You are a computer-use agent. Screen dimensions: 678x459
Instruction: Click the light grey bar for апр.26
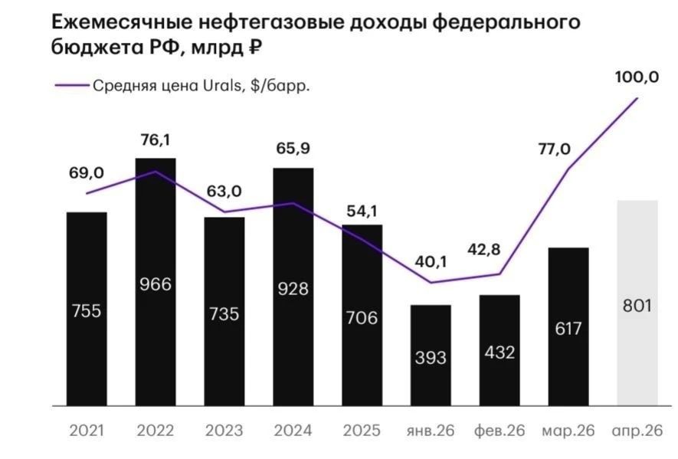point(637,303)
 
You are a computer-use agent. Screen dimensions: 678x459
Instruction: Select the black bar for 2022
point(156,282)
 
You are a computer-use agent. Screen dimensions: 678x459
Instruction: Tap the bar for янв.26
point(431,356)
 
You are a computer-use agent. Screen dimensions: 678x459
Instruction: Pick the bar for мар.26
point(568,326)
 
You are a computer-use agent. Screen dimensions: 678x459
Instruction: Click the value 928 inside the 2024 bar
point(293,289)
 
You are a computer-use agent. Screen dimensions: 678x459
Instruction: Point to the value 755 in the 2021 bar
point(87,311)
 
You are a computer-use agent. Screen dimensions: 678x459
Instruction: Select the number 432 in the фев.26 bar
point(499,352)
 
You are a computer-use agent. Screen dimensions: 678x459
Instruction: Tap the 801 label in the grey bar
point(637,306)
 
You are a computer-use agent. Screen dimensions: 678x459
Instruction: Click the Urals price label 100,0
point(637,77)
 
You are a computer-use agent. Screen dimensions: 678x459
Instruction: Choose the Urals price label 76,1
point(156,140)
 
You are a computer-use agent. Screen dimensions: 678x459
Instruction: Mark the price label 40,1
point(431,262)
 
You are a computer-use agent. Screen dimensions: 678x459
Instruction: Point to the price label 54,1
point(362,211)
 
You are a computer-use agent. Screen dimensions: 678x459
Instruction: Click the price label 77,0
point(555,149)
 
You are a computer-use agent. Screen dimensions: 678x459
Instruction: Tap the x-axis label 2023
point(224,431)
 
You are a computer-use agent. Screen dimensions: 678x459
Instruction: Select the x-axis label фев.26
point(499,431)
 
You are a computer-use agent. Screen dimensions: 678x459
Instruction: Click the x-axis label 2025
point(362,431)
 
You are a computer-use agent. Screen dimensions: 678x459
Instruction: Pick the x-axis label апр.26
point(637,431)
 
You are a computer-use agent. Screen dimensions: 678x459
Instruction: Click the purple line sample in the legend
point(71,86)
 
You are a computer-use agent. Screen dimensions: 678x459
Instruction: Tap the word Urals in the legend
point(222,86)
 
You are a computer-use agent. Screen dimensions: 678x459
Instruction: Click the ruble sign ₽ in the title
point(256,47)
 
